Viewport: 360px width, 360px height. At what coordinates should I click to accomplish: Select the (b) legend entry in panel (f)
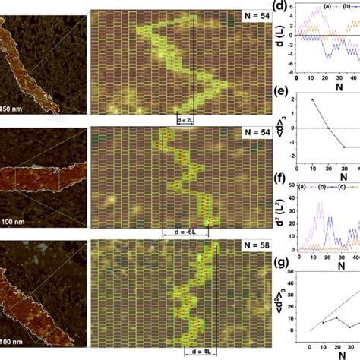coord(331,188)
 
